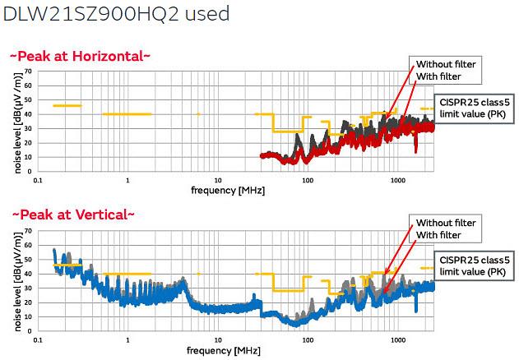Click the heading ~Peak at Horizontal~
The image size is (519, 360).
pos(80,56)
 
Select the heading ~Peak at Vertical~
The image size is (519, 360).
pos(72,215)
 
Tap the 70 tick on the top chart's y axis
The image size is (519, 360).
pos(27,72)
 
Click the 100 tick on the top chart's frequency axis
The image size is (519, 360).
pos(308,178)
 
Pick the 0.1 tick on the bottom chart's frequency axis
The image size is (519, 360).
pos(37,339)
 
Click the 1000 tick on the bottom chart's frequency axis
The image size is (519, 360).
pos(397,339)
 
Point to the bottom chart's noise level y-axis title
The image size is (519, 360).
pos(16,284)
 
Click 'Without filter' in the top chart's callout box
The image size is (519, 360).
pos(445,64)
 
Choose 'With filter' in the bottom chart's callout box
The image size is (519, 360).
pos(438,235)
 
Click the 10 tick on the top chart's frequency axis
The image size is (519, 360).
pos(218,178)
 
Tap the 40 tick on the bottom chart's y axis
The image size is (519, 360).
pos(27,273)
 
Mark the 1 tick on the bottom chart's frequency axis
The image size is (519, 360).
pos(127,339)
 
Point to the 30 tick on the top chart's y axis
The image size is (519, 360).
pos(27,128)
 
